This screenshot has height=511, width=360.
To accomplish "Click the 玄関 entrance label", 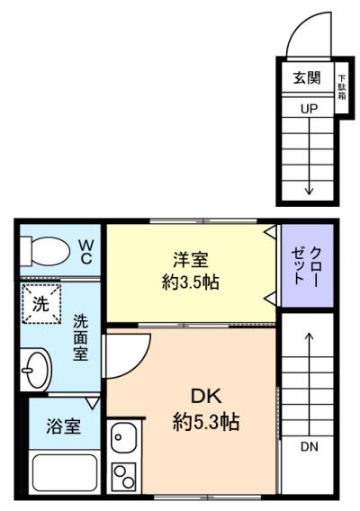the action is coord(307,78).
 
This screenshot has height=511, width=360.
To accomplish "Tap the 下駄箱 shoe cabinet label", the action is coord(342,87).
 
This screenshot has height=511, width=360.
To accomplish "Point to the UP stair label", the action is coord(309,109).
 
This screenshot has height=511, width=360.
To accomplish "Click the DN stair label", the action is coord(309,446).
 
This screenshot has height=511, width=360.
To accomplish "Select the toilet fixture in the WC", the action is coord(45,251).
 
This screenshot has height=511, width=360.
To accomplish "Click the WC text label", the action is coord(86,252).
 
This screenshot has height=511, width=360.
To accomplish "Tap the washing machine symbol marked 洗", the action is coord(41,304).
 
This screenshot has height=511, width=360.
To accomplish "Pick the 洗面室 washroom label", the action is coord(80,337).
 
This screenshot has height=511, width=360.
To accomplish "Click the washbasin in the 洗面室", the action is coord(35,370).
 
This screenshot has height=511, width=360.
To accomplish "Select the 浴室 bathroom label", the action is coord(63,426).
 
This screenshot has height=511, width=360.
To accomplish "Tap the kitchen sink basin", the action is coord(123,439).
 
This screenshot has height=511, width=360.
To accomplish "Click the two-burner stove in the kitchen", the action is coord(123,477).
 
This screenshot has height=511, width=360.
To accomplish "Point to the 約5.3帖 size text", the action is coord(206,422).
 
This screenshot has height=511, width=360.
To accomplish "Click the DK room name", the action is coord(206,397).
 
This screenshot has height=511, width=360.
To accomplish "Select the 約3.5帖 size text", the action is coord(191,282).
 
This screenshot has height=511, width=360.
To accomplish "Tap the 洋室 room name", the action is coord(191,259).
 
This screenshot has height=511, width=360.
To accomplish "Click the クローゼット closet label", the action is coord(307,266).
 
